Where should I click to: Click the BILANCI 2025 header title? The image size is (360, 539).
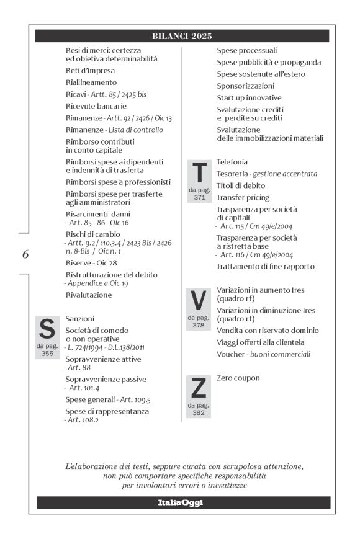[182, 36]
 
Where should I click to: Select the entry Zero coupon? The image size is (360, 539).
[238, 378]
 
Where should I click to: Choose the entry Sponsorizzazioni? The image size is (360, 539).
[245, 86]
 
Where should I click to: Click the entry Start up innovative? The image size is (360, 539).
[249, 97]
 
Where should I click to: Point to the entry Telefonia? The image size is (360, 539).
[232, 162]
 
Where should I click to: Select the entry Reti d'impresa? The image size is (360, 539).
[90, 71]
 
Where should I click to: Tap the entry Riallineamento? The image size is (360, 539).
[91, 82]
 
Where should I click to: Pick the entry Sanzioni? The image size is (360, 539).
[80, 318]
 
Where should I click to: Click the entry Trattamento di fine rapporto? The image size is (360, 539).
[266, 266]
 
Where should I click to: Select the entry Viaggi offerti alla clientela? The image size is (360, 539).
[261, 342]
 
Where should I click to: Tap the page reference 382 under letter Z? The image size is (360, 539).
[199, 412]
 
